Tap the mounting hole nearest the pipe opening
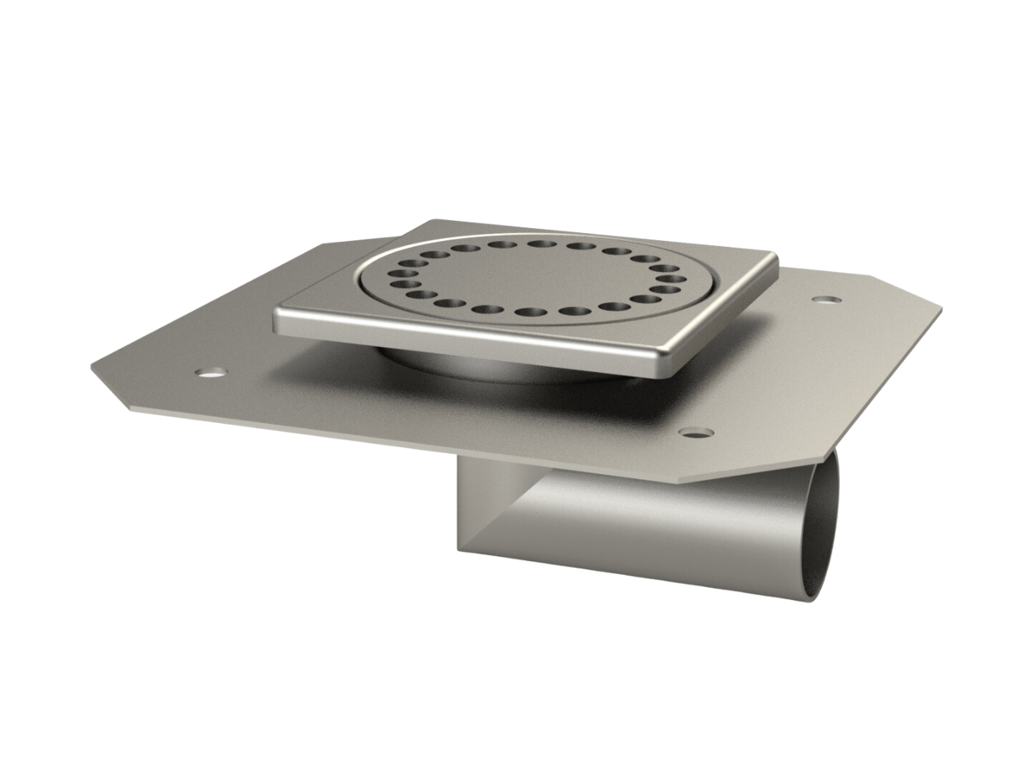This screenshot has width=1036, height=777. pyautogui.click(x=696, y=431)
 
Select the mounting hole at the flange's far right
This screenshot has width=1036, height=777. pyautogui.click(x=827, y=300)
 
